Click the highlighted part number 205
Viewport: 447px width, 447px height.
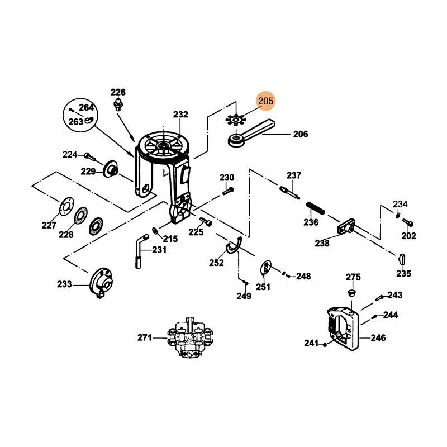pos(265,101)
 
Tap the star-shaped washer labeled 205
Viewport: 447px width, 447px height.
pos(236,120)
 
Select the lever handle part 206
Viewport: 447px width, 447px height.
pos(251,133)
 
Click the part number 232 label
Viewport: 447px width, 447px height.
pos(180,115)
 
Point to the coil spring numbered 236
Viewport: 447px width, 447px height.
pos(315,208)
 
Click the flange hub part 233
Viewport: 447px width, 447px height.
pos(101,283)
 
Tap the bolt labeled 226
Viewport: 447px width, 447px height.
pos(118,104)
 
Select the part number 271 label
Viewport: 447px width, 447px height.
pos(145,337)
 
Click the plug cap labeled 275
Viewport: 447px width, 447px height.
pos(352,293)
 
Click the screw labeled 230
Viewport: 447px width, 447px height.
pos(228,191)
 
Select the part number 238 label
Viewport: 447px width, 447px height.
pos(322,243)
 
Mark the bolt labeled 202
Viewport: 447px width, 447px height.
pos(408,222)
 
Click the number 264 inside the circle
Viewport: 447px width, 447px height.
pos(86,107)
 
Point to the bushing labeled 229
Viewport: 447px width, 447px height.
pos(110,169)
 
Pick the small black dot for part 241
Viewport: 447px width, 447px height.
pos(325,345)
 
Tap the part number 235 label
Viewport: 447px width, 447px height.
pos(403,274)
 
